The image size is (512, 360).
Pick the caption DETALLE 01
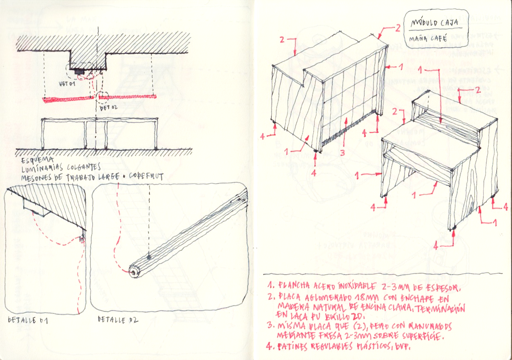[x=28, y=320]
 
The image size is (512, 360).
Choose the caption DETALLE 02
[x=118, y=320]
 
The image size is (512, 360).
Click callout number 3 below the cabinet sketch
[x=342, y=153]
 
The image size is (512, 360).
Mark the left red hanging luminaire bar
[x=68, y=99]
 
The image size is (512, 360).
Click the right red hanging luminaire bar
[x=128, y=98]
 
